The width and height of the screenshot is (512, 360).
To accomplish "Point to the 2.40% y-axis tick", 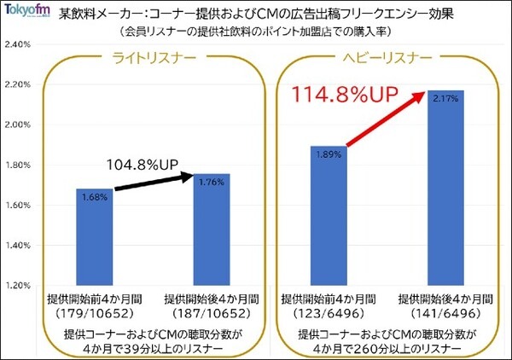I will pyautogui.click(x=19, y=44).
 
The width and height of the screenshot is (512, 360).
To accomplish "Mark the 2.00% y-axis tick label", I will pyautogui.click(x=19, y=125).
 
